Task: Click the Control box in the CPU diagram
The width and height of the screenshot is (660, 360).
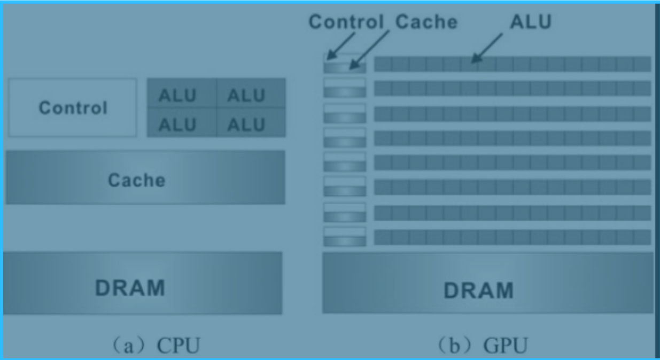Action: click(x=72, y=107)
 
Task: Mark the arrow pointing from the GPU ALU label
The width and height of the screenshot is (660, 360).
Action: click(x=487, y=48)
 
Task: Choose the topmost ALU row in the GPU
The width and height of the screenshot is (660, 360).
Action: click(x=512, y=64)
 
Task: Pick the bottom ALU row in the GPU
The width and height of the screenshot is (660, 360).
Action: click(x=512, y=237)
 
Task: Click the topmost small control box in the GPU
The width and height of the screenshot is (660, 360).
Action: click(x=344, y=58)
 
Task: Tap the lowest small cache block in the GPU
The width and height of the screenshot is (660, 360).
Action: click(x=344, y=241)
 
